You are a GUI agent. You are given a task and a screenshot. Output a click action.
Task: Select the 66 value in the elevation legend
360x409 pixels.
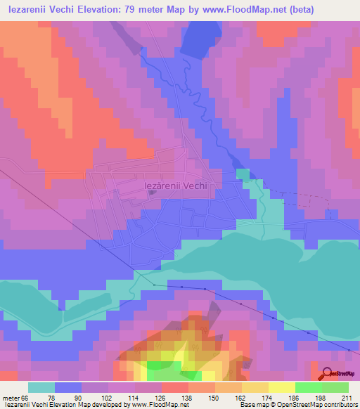[26, 398]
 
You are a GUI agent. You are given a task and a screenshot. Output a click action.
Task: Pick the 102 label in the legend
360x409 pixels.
[108, 398]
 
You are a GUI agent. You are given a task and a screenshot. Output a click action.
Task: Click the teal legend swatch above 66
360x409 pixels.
[41, 387]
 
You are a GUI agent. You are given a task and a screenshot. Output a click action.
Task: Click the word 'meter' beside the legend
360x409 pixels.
[11, 398]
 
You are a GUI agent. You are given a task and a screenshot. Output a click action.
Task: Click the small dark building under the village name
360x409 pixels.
[152, 194]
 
